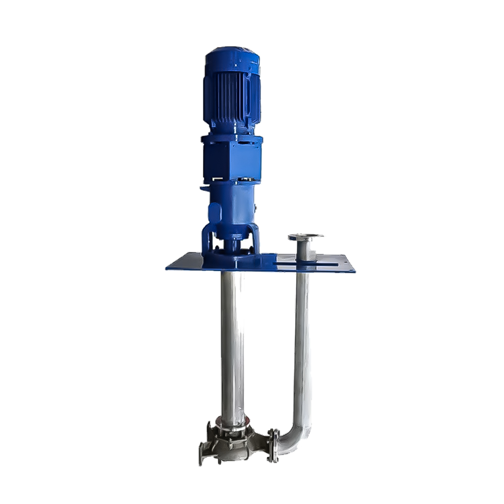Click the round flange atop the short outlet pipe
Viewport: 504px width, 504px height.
pyautogui.click(x=305, y=237)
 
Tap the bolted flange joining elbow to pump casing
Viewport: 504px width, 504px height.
pyautogui.click(x=274, y=446)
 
